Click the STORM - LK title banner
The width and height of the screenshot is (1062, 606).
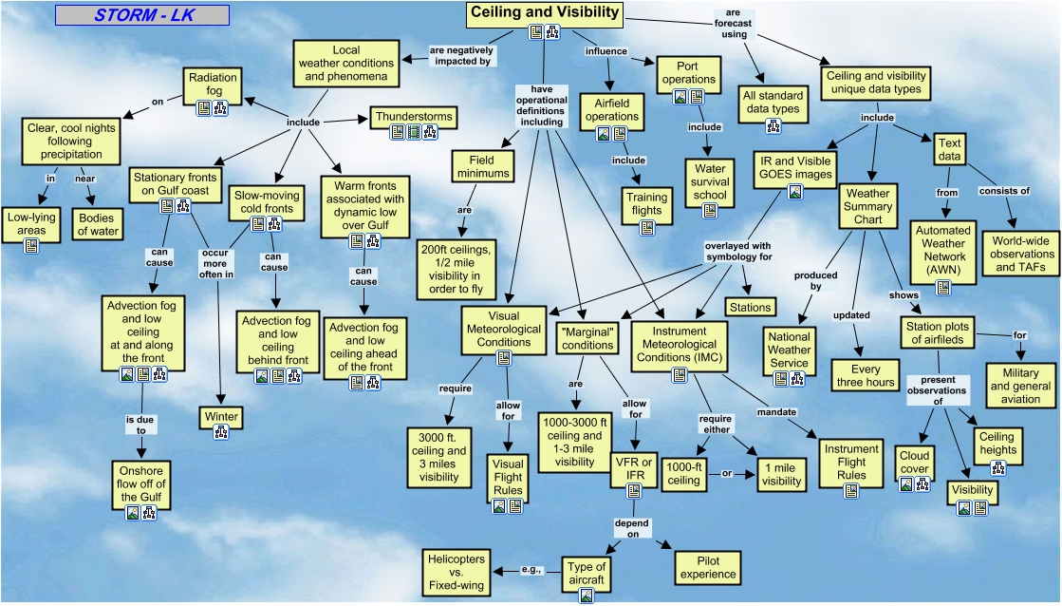(141, 15)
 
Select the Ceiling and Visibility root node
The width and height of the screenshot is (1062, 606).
(545, 13)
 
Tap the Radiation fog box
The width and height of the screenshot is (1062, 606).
(213, 84)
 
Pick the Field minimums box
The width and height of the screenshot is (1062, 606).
(486, 166)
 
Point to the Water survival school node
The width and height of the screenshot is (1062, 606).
(709, 181)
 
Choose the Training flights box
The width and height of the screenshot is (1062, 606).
(646, 204)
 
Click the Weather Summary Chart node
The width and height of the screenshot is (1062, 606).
(867, 206)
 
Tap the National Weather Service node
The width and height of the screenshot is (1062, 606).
(789, 350)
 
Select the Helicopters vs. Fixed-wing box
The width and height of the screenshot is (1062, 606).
(456, 573)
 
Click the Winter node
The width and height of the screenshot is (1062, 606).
(220, 417)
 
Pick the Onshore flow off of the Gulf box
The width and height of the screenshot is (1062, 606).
(140, 483)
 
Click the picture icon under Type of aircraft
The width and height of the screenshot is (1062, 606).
(587, 596)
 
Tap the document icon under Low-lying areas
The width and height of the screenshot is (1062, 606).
(31, 246)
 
